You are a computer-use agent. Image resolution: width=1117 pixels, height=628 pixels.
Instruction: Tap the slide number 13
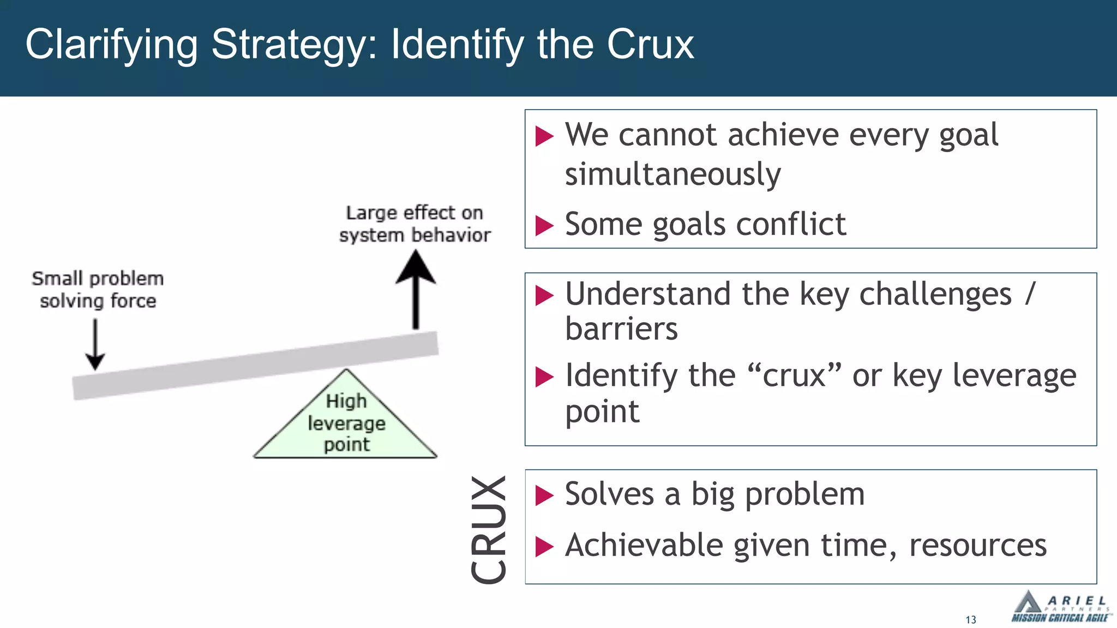point(971,620)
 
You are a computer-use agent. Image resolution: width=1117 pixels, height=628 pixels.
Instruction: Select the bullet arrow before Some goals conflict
point(544,225)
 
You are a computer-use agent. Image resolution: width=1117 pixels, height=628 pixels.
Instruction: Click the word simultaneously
point(672,174)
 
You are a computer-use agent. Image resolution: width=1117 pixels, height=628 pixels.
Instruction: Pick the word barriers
point(621,329)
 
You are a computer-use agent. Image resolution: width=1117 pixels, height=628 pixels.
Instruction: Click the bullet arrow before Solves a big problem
point(544,496)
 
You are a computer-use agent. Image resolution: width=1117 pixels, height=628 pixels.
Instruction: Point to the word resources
point(977,545)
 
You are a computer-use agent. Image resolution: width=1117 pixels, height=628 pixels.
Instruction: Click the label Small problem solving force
point(98,289)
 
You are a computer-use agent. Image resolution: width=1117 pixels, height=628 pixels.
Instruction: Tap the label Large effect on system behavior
point(415,224)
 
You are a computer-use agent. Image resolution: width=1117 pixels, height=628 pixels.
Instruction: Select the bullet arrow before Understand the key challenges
point(544,295)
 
